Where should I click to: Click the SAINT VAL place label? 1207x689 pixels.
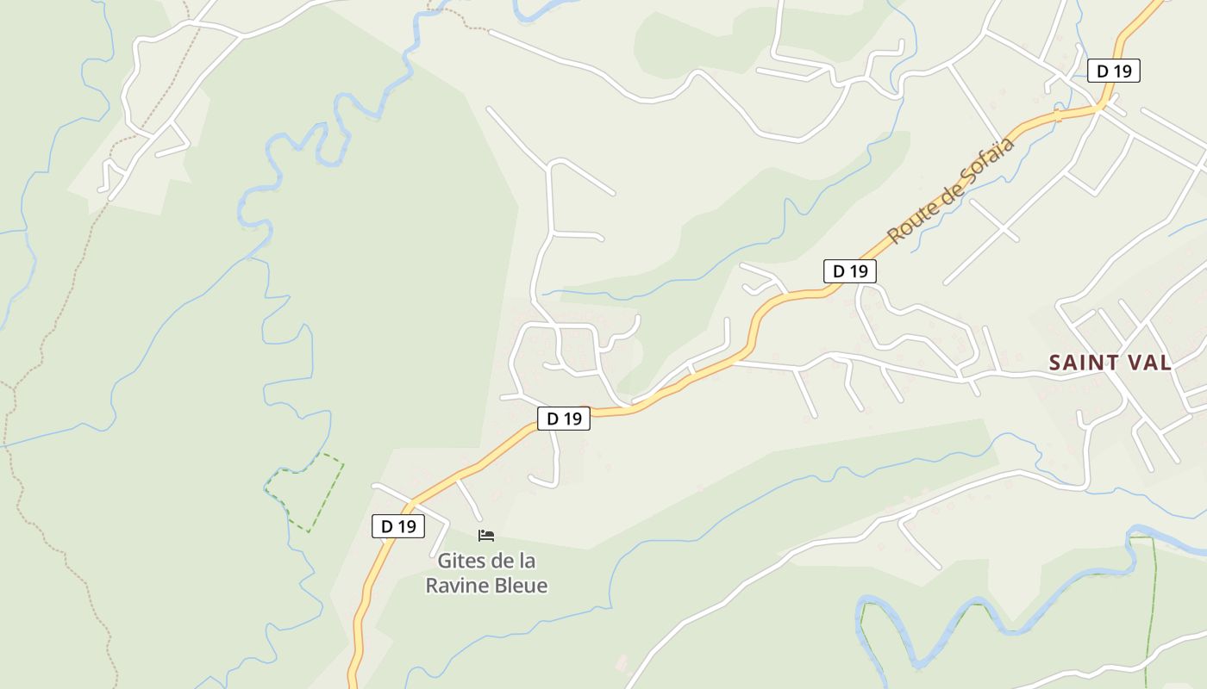point(1110,363)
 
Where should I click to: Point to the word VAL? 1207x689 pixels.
point(1148,363)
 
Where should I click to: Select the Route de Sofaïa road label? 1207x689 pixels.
point(951,190)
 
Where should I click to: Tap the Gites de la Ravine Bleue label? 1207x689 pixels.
point(486,573)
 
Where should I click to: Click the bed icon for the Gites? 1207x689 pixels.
point(486,536)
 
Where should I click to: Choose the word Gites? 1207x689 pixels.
point(460,561)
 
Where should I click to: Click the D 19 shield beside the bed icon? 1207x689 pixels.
point(398,526)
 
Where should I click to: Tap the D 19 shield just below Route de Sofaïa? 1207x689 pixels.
point(850,271)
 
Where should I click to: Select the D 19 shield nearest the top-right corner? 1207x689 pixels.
point(1114,71)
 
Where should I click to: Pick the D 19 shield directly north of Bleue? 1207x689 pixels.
point(564,419)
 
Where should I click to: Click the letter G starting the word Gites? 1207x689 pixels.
point(445,561)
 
